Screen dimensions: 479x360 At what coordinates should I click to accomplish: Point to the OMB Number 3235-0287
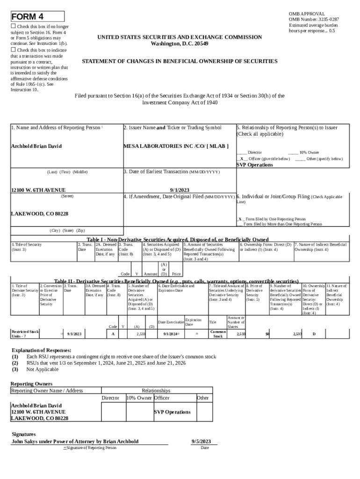[x=314, y=20]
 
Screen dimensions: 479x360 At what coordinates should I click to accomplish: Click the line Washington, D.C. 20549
[x=180, y=44]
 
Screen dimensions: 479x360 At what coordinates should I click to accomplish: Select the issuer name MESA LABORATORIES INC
[x=162, y=146]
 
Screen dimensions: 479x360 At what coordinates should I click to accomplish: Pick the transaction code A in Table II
[x=113, y=334]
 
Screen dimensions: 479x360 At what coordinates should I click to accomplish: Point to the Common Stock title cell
[x=218, y=334]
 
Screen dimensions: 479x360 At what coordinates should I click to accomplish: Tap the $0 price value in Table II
[x=267, y=334]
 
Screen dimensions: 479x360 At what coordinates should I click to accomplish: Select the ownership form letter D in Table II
[x=314, y=334]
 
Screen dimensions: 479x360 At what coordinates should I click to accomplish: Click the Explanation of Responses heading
[x=42, y=350]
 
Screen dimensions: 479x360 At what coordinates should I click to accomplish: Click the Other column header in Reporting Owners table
[x=202, y=398]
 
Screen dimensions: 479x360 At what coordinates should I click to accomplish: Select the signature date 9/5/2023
[x=202, y=441]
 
